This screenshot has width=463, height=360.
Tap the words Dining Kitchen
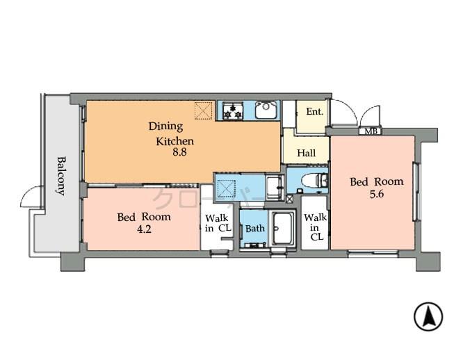(x=170, y=133)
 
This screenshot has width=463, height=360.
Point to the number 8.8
(x=180, y=152)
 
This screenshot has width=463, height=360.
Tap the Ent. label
(x=314, y=112)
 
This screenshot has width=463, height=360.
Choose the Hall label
(x=307, y=153)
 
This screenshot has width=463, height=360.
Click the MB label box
(x=368, y=131)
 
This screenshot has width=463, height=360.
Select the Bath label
(x=254, y=228)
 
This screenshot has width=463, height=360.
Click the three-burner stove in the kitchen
(x=232, y=110)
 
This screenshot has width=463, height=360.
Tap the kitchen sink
(x=266, y=110)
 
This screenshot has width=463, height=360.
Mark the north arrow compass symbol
(x=428, y=317)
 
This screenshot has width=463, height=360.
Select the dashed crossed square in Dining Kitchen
(x=203, y=110)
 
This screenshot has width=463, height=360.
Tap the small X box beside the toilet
(x=291, y=198)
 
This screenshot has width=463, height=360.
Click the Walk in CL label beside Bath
(x=218, y=222)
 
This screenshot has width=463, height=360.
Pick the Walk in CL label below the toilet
(x=315, y=227)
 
